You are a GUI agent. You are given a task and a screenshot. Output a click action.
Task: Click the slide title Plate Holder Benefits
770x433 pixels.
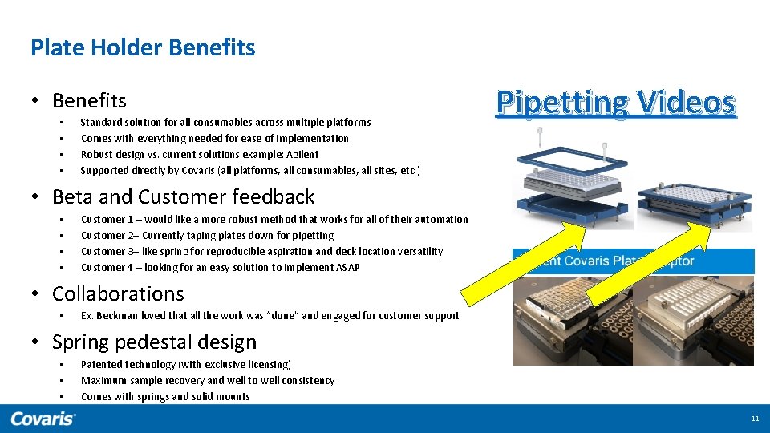click(x=143, y=48)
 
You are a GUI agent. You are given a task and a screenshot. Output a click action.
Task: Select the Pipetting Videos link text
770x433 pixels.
click(x=615, y=103)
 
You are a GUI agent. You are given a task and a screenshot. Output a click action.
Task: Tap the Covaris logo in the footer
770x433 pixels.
click(x=43, y=418)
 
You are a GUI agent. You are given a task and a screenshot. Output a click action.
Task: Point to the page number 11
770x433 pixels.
click(x=754, y=419)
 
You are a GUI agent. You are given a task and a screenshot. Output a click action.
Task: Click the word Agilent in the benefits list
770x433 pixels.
click(x=301, y=155)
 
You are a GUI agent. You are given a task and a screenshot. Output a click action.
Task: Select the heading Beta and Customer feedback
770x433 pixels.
click(x=183, y=196)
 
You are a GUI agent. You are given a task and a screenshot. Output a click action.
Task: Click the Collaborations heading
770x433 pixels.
click(x=118, y=293)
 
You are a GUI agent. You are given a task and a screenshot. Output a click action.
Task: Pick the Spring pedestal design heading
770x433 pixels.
click(x=154, y=342)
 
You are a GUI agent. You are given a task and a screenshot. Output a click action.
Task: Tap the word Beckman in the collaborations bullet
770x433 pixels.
click(x=115, y=316)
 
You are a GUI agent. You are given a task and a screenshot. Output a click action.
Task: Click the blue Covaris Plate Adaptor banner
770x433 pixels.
click(x=633, y=261)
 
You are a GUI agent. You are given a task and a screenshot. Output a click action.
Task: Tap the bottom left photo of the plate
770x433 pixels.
click(x=572, y=321)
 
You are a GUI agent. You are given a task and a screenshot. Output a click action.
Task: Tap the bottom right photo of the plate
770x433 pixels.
click(x=695, y=321)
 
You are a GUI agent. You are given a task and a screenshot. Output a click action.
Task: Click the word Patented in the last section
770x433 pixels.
click(x=103, y=365)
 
